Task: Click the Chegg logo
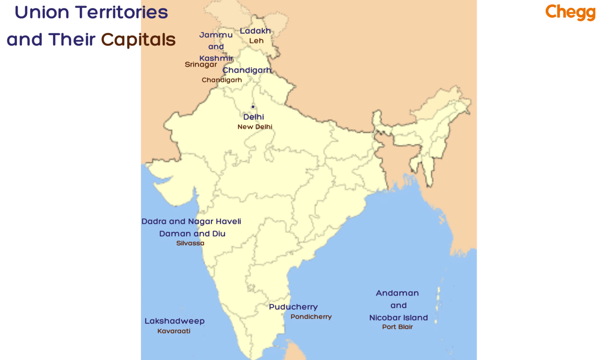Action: [570, 12]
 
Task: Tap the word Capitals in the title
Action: [138, 40]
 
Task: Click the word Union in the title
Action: [42, 12]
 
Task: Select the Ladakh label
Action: [255, 31]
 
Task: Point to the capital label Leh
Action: [256, 41]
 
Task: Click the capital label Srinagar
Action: [201, 64]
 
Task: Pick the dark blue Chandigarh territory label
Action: [247, 70]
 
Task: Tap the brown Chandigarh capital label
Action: [221, 80]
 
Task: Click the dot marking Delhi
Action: [253, 107]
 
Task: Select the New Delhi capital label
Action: [255, 127]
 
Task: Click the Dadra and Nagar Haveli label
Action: [191, 221]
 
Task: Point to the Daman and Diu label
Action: [192, 233]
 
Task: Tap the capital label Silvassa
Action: [190, 243]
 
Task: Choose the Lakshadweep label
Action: [175, 321]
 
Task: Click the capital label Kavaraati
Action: [174, 331]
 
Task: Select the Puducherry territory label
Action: [293, 307]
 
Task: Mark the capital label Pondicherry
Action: [311, 317]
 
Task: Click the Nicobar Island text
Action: [398, 318]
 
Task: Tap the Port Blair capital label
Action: [397, 327]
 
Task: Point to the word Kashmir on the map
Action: [216, 58]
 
